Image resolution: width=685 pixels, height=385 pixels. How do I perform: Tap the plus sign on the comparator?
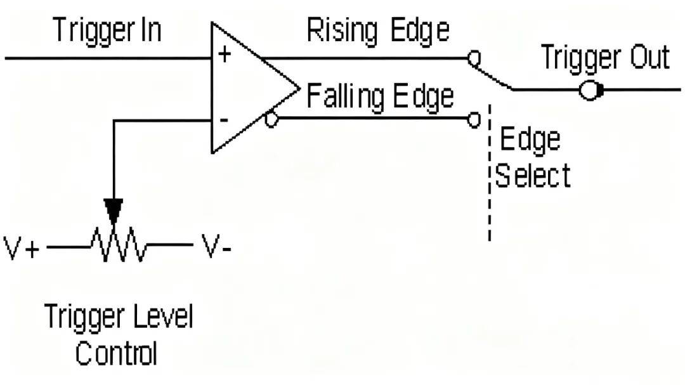point(225,54)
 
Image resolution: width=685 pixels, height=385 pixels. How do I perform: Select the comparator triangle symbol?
point(247,89)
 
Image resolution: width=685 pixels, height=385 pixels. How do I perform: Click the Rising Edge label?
point(378,30)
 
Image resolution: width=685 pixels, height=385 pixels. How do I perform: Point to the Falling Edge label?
point(381,96)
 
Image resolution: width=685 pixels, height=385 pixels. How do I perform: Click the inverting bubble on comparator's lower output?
point(271,119)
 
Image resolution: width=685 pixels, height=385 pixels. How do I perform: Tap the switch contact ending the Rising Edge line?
point(473,58)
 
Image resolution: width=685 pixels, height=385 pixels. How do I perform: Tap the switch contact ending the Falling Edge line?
point(473,119)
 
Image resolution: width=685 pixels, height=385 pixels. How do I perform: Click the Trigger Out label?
point(605,58)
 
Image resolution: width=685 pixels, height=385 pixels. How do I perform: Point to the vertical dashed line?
point(490,171)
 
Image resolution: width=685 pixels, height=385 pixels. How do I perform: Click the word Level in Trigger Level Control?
point(162,316)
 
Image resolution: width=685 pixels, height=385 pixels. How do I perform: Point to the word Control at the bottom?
point(116,352)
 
